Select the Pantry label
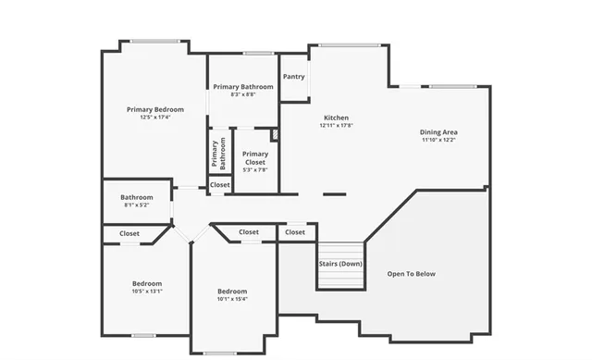click(294, 77)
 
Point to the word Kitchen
click(336, 118)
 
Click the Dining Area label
click(439, 132)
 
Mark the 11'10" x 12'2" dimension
click(439, 141)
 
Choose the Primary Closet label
click(254, 158)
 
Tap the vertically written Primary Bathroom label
click(218, 155)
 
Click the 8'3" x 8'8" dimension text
click(242, 94)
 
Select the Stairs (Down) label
click(340, 265)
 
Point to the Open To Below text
click(411, 274)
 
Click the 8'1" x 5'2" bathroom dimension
click(136, 205)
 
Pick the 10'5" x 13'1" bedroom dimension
click(147, 292)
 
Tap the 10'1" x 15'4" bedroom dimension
click(232, 300)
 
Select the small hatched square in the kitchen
click(275, 135)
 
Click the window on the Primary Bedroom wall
click(154, 40)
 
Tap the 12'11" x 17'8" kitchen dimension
click(336, 126)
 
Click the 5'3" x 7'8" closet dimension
click(254, 170)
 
